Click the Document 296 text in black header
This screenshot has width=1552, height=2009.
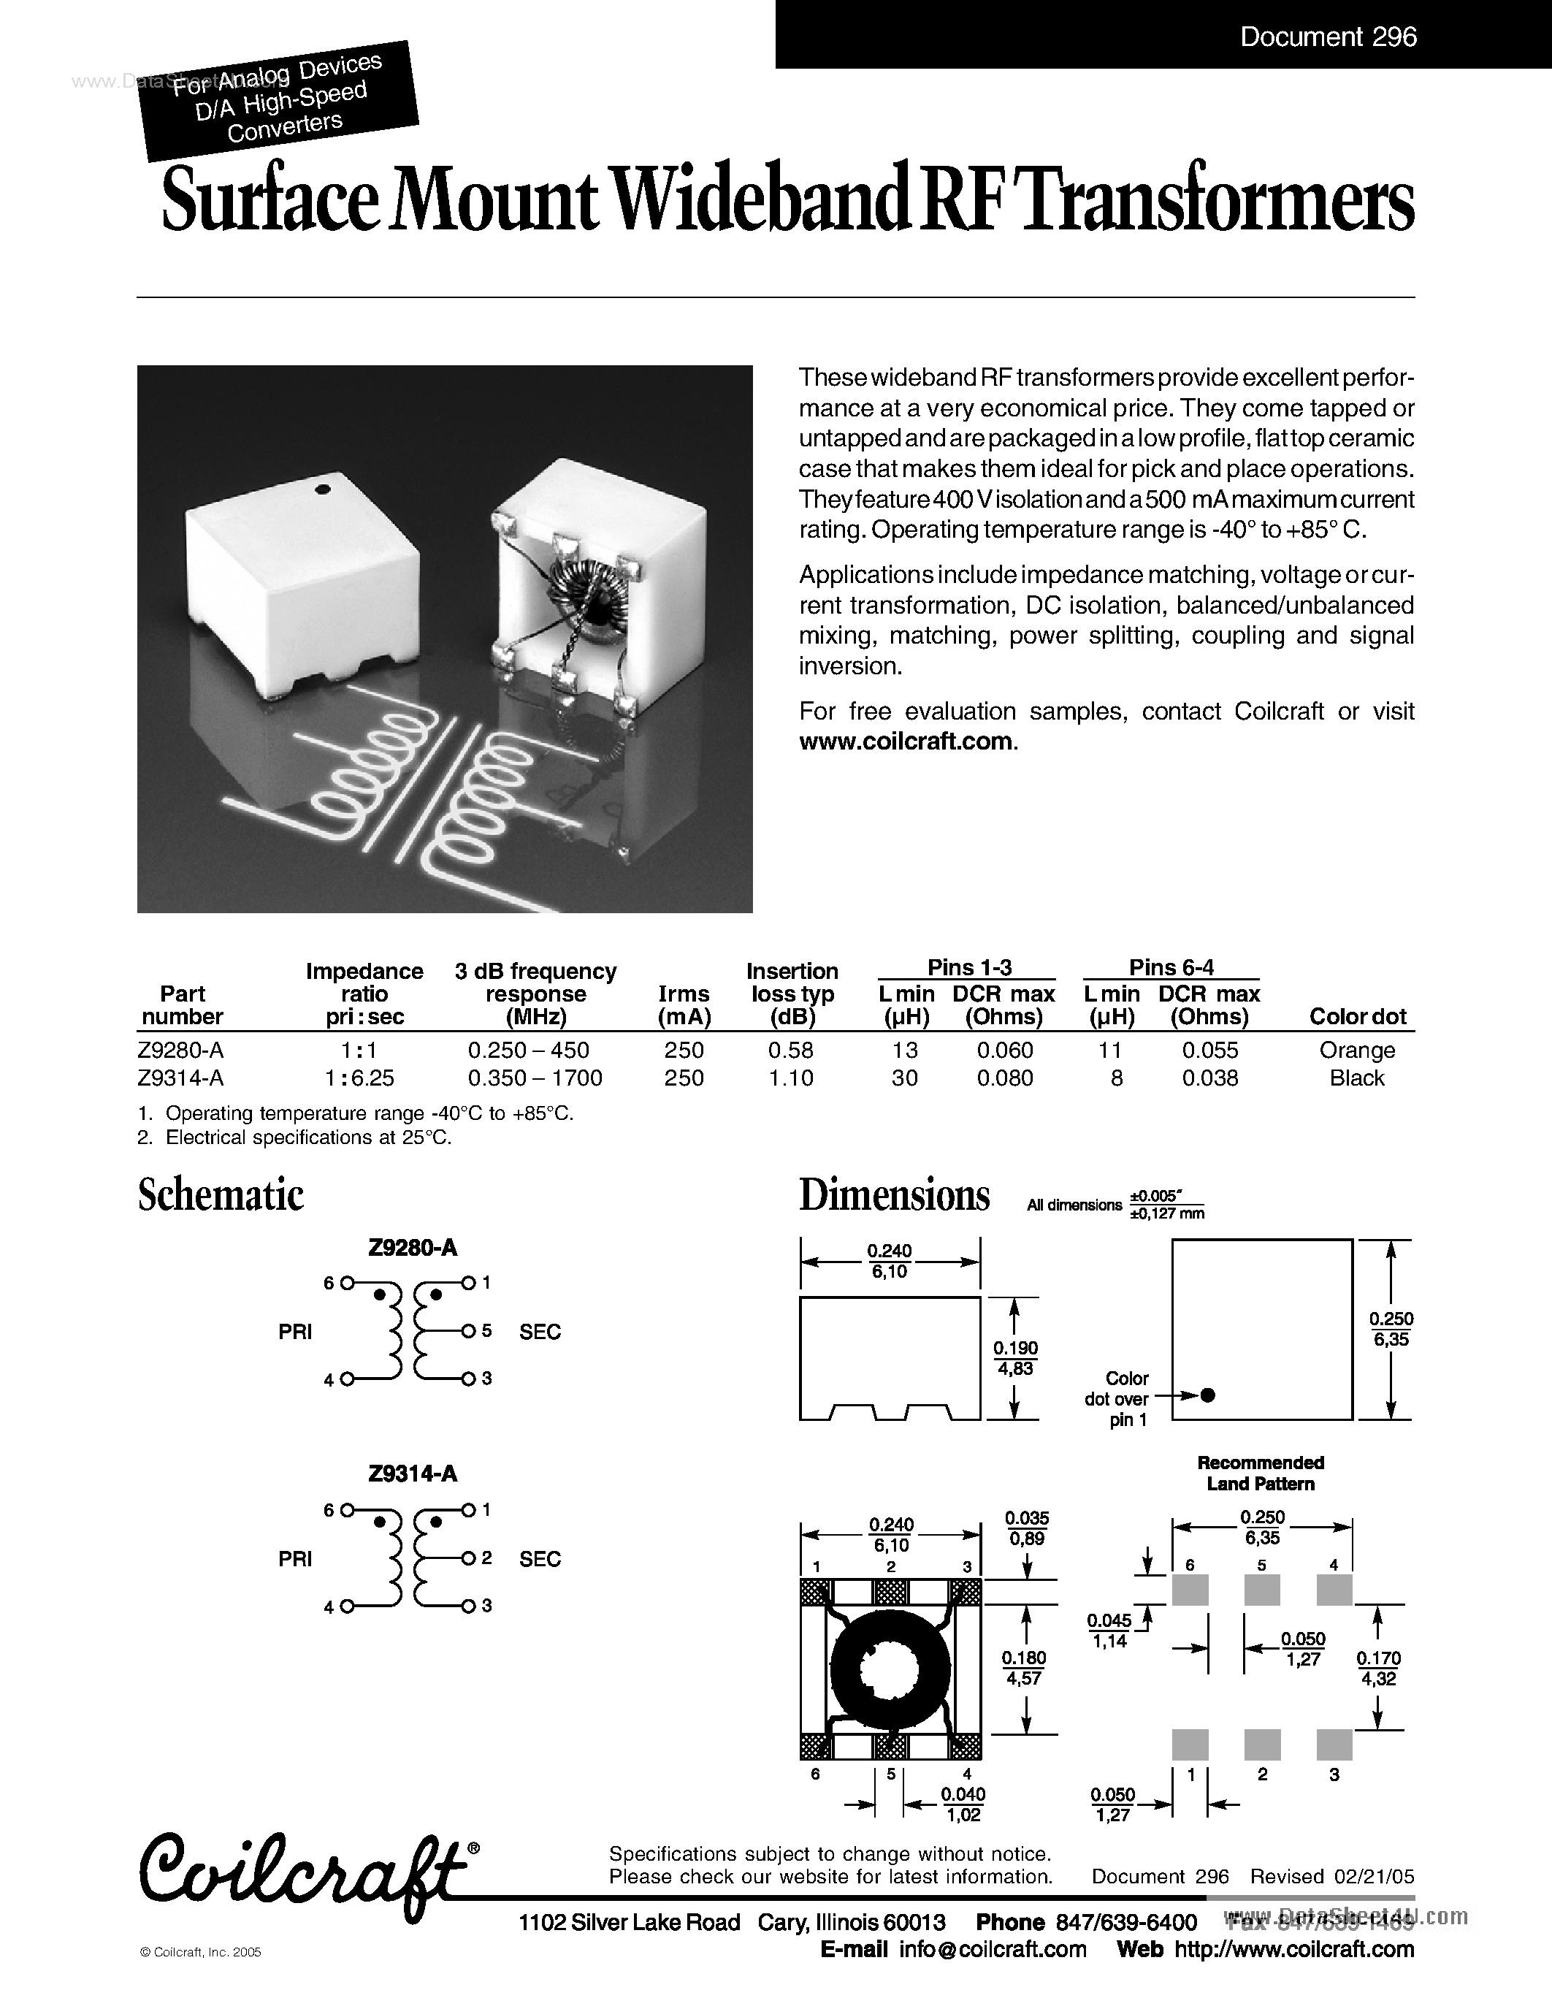[x=1328, y=37]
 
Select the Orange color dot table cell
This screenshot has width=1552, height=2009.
[x=1356, y=1050]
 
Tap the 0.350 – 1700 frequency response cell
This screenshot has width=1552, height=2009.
[x=535, y=1078]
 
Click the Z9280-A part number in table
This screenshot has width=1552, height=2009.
[x=180, y=1050]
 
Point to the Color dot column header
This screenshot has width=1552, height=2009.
[x=1357, y=1016]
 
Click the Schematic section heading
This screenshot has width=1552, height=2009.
[x=221, y=1195]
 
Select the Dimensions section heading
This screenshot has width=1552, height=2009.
[x=894, y=1195]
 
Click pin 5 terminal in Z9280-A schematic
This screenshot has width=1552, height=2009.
[x=468, y=1331]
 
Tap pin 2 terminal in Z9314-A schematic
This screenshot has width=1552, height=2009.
[x=468, y=1558]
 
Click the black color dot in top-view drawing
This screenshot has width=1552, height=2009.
[x=1208, y=1395]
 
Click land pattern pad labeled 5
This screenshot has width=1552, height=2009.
[x=1261, y=1590]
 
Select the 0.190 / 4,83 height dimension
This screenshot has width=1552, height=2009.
[x=1015, y=1359]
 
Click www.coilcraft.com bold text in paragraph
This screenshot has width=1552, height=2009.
[x=906, y=742]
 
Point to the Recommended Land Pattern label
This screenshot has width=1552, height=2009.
[x=1260, y=1473]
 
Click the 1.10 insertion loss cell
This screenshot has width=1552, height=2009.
[x=791, y=1078]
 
